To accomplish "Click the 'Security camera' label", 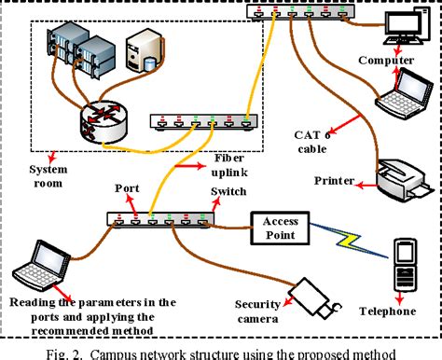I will pos(256,312).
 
